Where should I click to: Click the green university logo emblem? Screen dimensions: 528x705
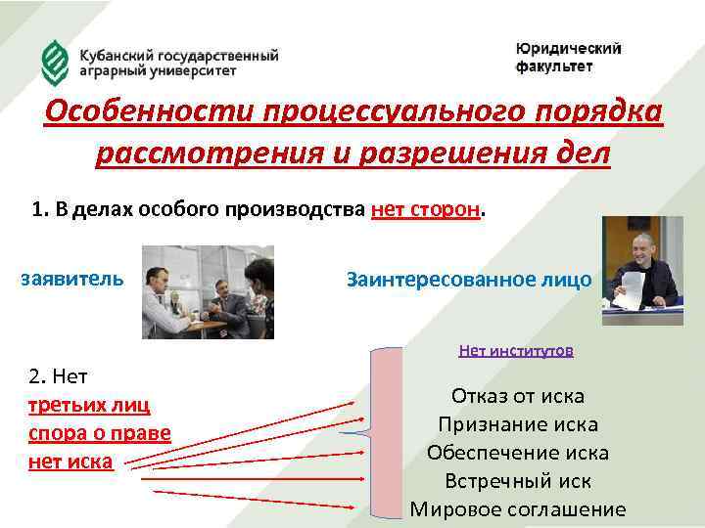54,62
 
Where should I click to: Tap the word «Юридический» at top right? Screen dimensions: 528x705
568,49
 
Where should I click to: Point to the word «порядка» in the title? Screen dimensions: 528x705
593,113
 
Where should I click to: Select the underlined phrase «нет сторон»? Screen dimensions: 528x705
427,208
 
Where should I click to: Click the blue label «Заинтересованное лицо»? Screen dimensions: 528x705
469,280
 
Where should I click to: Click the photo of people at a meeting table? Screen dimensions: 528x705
208,291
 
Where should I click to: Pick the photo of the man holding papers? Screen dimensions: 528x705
639,264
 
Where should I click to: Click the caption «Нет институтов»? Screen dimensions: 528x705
515,349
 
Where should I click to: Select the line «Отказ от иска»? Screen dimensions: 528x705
517,396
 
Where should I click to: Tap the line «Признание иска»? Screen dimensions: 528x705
517,424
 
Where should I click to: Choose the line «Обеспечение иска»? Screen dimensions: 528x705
517,453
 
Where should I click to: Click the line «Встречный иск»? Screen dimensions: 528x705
517,481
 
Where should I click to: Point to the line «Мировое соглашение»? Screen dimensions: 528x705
517,509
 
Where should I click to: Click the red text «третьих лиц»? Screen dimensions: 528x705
88,405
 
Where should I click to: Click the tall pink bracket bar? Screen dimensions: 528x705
389,430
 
